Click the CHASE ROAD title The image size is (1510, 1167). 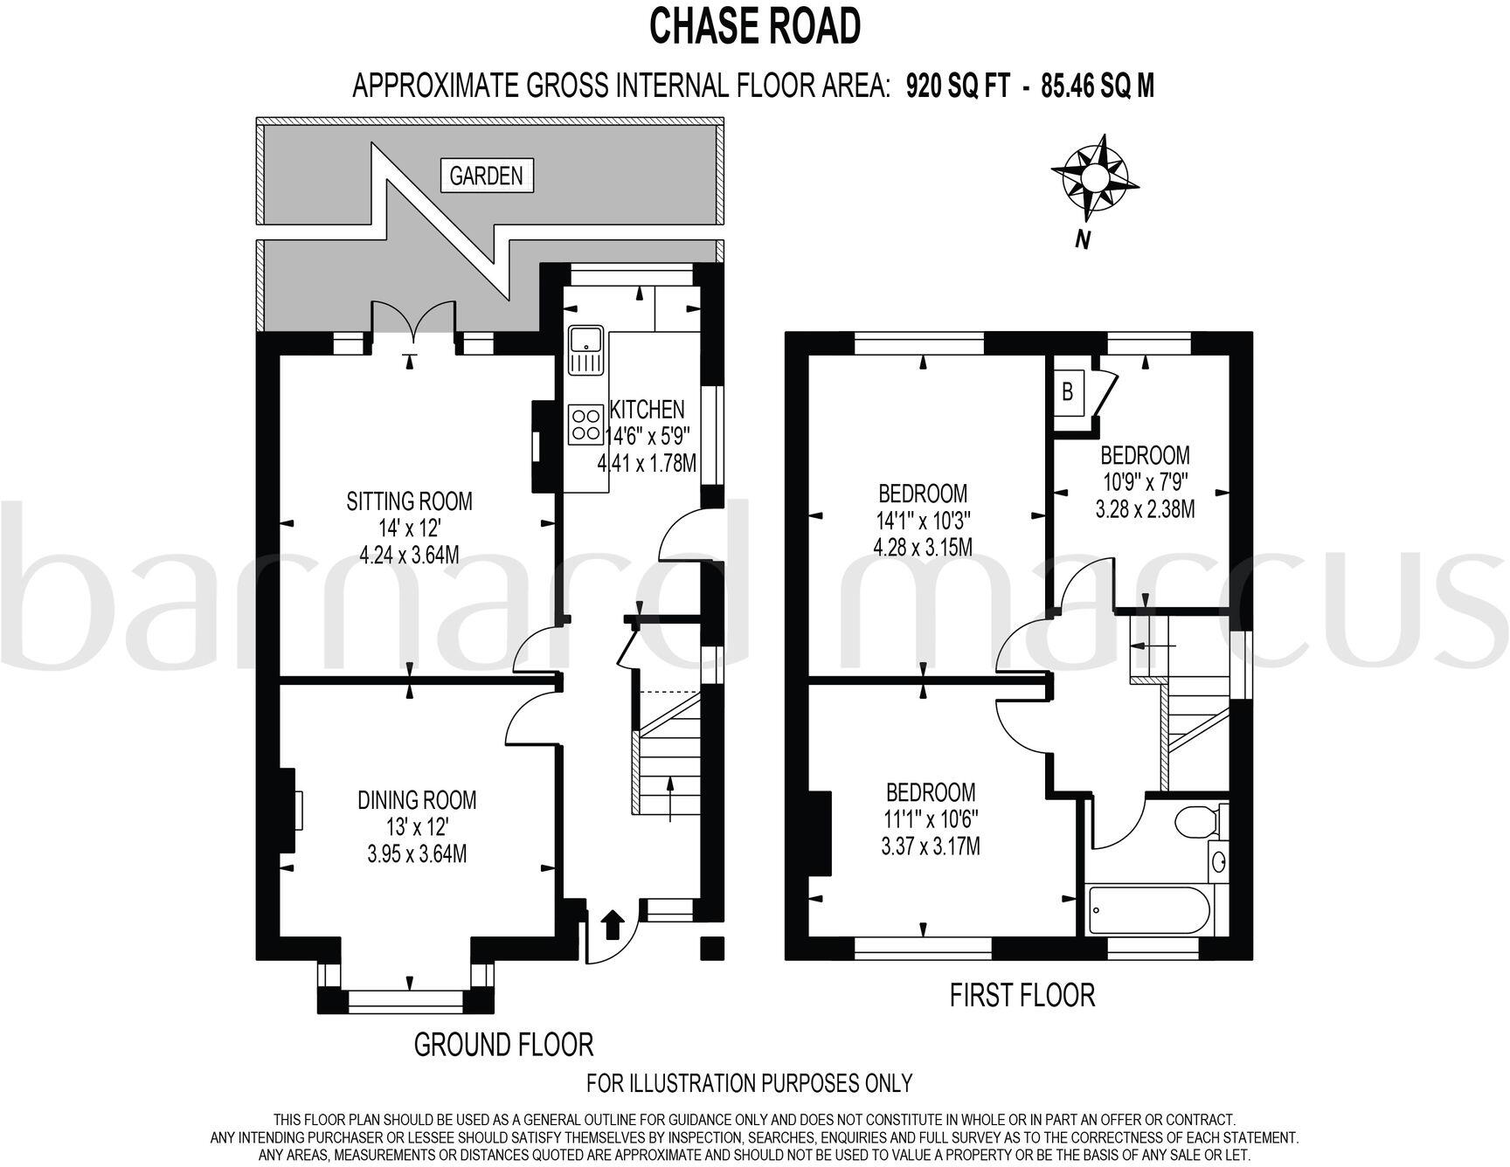[x=754, y=27]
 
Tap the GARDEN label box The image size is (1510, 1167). [x=486, y=176]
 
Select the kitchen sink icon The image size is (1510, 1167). [x=584, y=349]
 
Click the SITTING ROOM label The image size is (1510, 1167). [x=409, y=501]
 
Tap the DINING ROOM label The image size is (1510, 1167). [x=417, y=799]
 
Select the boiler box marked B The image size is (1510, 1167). [x=1067, y=391]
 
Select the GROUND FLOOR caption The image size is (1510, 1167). [x=502, y=1044]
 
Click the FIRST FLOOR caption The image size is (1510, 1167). [x=1022, y=995]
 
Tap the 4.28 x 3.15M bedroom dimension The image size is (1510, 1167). [x=924, y=548]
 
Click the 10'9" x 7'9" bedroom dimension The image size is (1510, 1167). [x=1145, y=482]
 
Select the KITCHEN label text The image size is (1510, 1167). [x=647, y=409]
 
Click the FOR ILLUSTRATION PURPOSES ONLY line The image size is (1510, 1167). [x=749, y=1083]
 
